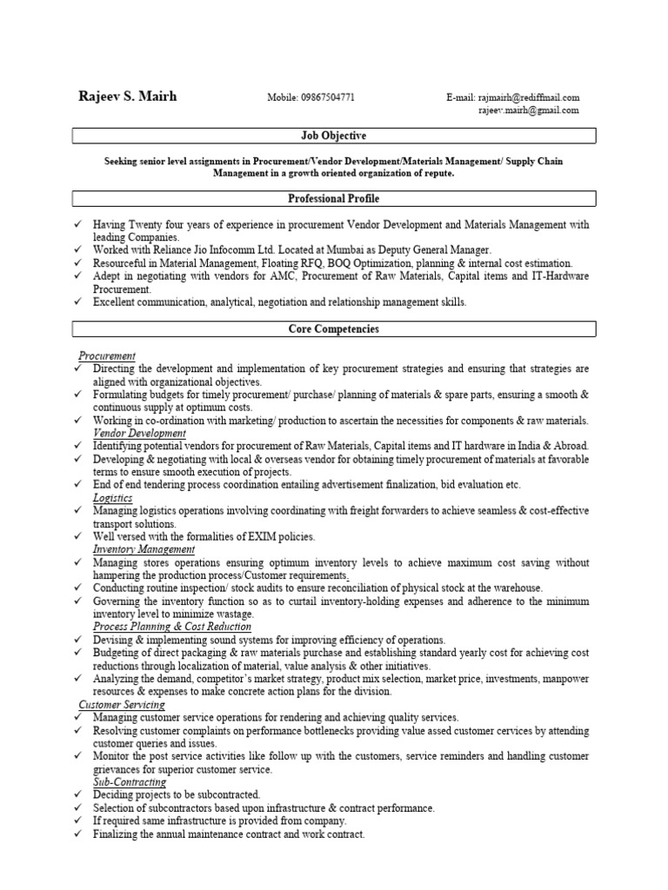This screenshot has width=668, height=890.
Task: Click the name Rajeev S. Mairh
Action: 127,96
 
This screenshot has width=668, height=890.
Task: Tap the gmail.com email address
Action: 528,110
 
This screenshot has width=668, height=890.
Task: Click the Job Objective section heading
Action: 333,136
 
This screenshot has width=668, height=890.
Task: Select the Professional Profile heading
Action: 333,199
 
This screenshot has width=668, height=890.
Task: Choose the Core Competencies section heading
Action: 333,329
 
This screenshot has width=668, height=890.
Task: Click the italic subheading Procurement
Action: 107,355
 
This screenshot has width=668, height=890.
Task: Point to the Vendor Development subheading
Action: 139,433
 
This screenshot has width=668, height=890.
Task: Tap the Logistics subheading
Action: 113,498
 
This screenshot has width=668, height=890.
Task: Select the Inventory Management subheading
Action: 144,549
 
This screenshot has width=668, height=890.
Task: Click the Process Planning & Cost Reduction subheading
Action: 172,627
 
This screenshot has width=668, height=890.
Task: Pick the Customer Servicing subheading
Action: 122,704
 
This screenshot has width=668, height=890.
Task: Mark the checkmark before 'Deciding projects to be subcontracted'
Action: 79,795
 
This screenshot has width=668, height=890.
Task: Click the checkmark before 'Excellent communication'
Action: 79,302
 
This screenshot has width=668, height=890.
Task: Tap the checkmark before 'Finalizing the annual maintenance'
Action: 79,834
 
